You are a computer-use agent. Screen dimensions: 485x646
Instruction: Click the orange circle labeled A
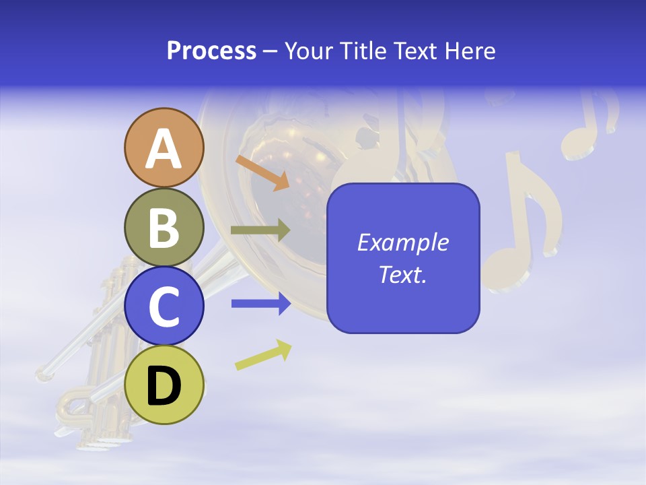164,148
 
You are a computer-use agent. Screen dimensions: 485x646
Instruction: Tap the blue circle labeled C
164,305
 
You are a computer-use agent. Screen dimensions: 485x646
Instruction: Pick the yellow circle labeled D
164,385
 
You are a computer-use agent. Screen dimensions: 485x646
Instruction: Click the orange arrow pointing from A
262,172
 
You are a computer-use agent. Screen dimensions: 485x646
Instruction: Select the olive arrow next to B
260,230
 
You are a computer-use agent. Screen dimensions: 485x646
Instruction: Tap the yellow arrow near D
263,355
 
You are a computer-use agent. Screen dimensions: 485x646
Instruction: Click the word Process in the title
211,51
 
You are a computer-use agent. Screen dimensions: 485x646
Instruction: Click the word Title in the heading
364,51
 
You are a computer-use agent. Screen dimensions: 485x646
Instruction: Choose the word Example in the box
402,243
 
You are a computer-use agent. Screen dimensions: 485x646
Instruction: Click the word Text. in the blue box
402,274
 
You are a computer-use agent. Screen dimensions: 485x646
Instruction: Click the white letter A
164,148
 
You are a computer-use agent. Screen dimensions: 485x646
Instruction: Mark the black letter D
164,386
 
